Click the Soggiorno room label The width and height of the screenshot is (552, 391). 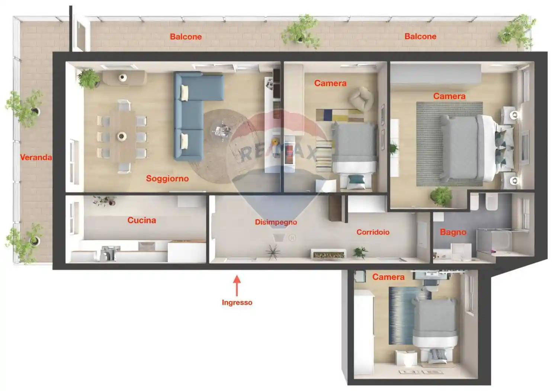tap(167, 178)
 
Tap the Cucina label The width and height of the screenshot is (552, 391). tap(141, 220)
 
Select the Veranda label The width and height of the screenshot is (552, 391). tap(36, 157)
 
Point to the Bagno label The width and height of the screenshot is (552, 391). tap(453, 232)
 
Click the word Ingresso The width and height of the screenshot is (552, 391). tap(237, 302)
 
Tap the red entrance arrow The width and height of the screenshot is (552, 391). tap(237, 285)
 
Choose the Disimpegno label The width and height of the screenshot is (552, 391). tap(276, 222)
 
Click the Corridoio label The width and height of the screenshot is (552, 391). tap(373, 232)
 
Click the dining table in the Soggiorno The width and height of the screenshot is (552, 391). tap(122, 136)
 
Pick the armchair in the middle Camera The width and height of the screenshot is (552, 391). tap(360, 98)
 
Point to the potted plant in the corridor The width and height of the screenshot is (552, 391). tap(360, 252)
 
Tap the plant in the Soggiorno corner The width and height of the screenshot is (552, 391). tap(89, 79)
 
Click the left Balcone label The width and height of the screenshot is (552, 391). tap(186, 36)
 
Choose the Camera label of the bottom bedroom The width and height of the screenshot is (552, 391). tap(388, 277)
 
